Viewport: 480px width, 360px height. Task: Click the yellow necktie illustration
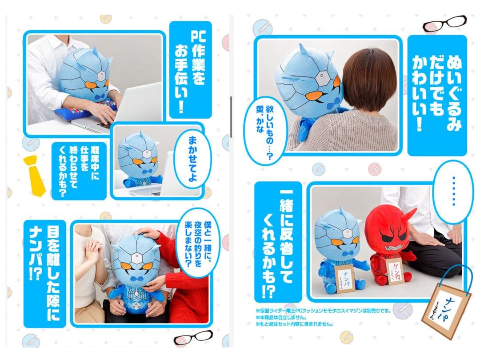click(35, 175)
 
